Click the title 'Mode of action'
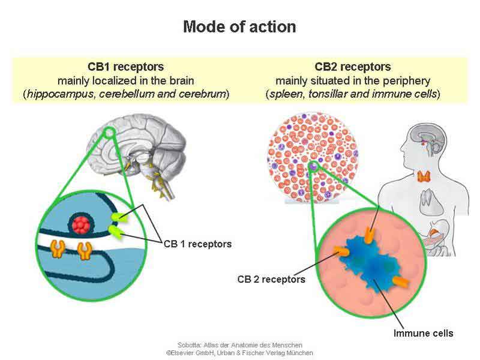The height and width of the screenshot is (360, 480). pyautogui.click(x=239, y=27)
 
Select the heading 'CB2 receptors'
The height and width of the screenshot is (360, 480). pyautogui.click(x=353, y=67)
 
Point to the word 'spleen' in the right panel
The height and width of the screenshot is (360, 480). pyautogui.click(x=285, y=94)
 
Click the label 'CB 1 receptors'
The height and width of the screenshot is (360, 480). pyautogui.click(x=197, y=244)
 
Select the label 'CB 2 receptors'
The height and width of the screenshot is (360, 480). pyautogui.click(x=271, y=280)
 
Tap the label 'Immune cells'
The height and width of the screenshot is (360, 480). pyautogui.click(x=424, y=333)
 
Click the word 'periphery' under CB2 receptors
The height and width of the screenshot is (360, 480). pyautogui.click(x=414, y=80)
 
